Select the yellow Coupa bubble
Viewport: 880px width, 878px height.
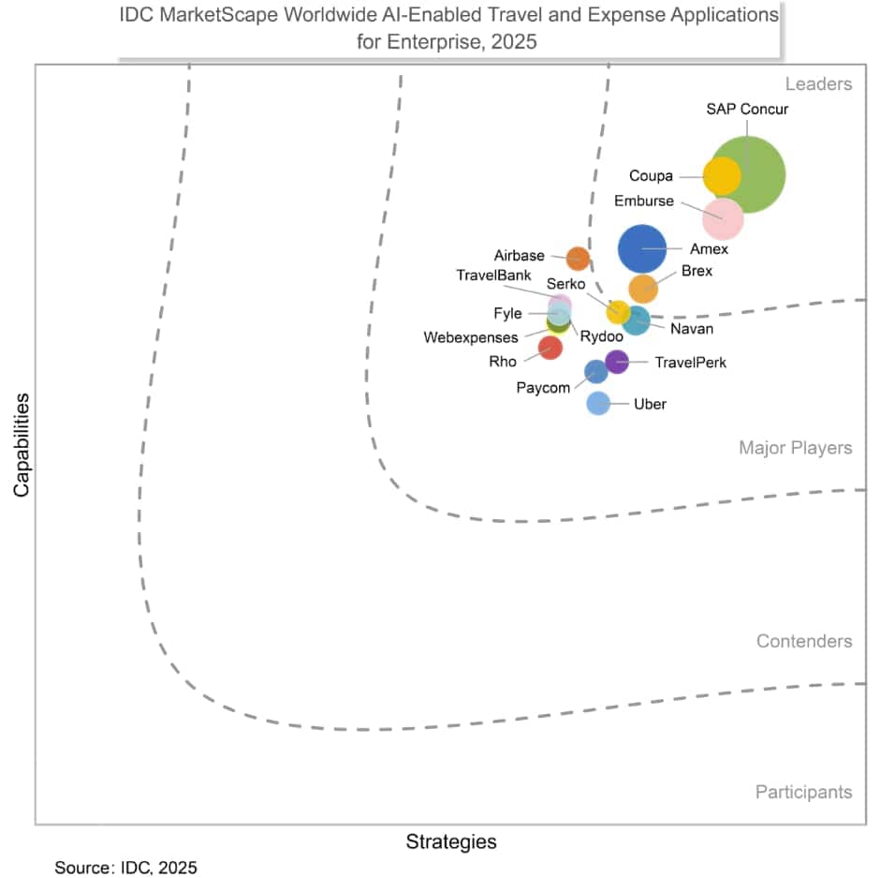tap(722, 175)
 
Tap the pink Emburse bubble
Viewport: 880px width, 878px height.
tap(724, 219)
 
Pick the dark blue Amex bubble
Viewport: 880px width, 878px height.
tap(642, 249)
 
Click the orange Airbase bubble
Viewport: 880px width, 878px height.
tap(578, 259)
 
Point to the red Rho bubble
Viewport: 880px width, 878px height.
tap(550, 348)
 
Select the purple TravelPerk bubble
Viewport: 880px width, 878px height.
tap(616, 361)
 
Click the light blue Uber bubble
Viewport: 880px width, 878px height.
tap(598, 403)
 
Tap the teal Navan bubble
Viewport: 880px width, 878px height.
tap(637, 321)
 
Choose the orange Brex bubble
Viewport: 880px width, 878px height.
tap(643, 289)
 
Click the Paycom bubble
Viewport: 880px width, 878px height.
tap(595, 372)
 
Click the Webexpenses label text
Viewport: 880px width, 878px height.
tap(470, 337)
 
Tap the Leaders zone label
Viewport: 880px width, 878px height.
tap(818, 84)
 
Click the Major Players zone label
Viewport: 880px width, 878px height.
tap(795, 448)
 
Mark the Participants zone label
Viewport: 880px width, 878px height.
tap(803, 792)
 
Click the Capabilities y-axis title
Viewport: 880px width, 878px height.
tap(22, 444)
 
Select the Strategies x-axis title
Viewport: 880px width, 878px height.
tap(451, 841)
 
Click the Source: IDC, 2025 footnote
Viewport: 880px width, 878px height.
tap(126, 868)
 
